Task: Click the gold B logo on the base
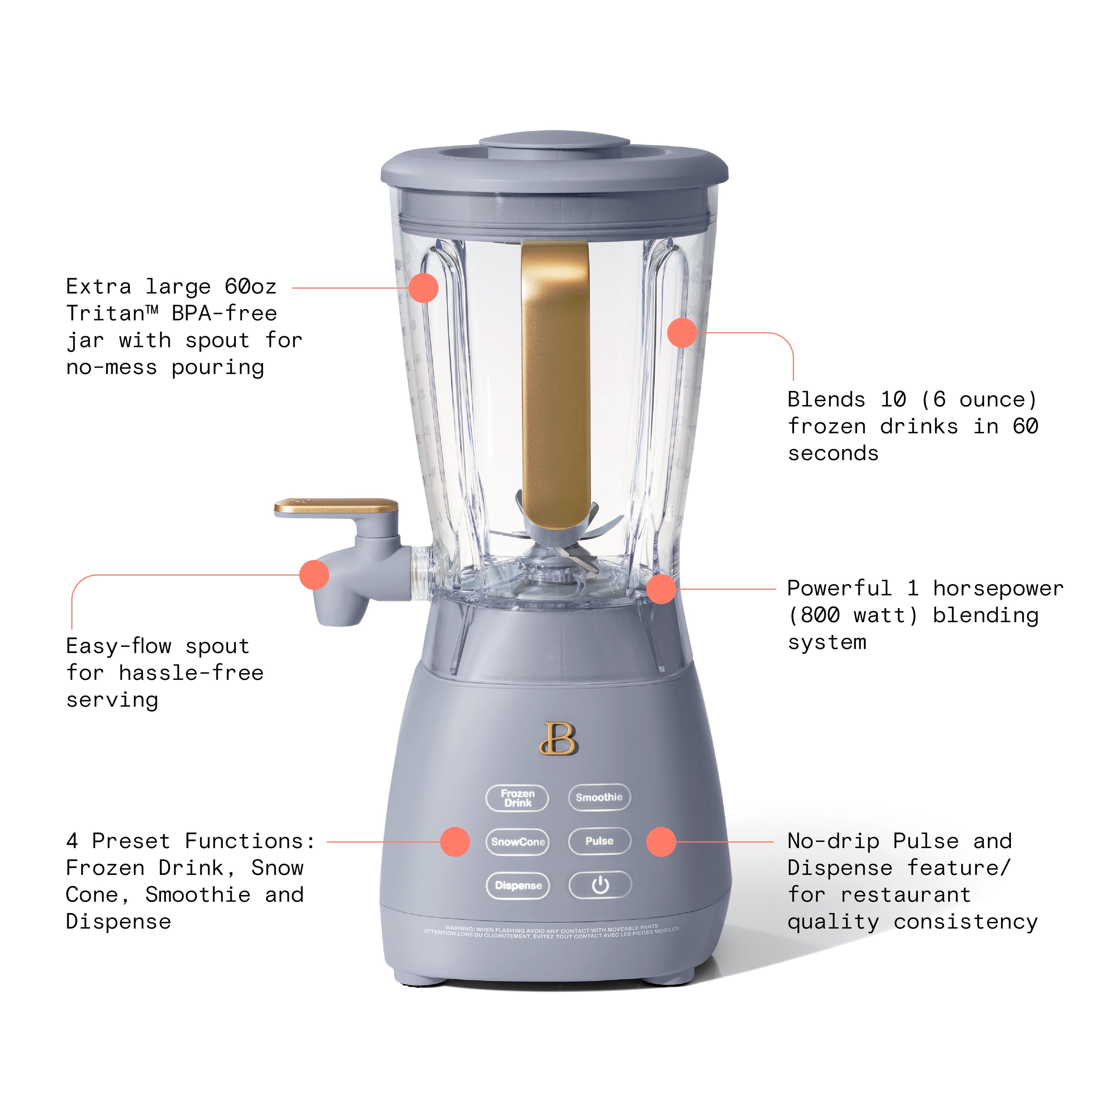558,739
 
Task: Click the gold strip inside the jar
556,376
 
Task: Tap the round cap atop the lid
554,144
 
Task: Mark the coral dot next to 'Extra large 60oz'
423,288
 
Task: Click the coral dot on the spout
314,575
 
